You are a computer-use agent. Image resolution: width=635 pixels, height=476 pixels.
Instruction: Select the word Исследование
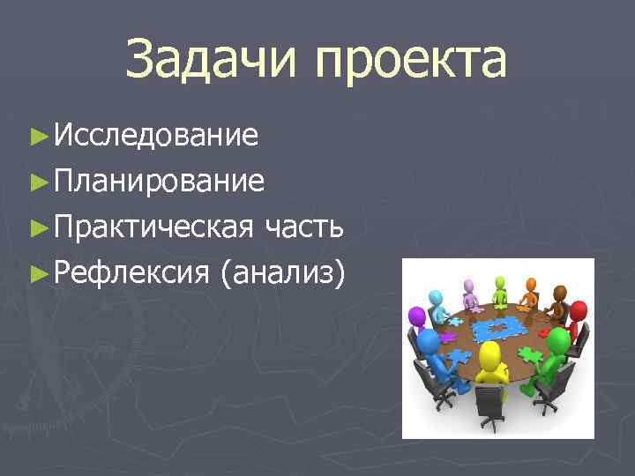(155, 136)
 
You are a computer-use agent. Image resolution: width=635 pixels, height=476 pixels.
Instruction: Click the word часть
(303, 228)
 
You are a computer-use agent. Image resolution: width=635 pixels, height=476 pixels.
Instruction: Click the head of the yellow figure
(489, 357)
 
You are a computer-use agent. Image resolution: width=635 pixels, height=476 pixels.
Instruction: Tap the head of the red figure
(578, 311)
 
